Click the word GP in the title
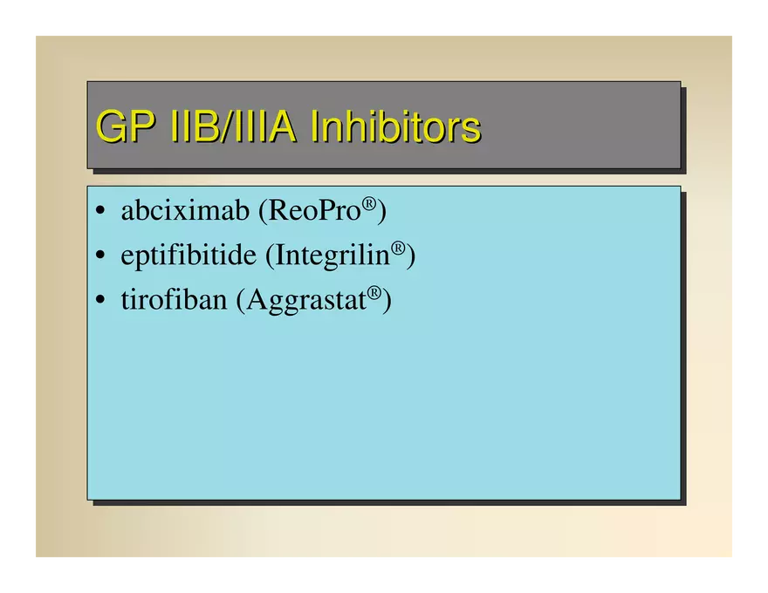pos(126,126)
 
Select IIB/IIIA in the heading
pos(233,126)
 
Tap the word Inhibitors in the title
pos(395,126)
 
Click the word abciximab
pos(185,210)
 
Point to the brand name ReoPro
pos(314,210)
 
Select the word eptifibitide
pos(189,255)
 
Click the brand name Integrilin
pos(333,255)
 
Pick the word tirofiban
pos(174,299)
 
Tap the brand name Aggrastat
pos(306,300)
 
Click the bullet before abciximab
pos(100,211)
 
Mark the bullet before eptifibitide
pos(100,255)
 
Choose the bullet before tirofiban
pos(100,299)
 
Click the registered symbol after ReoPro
pos(369,203)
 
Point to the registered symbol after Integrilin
pos(398,248)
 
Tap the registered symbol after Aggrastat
pos(374,293)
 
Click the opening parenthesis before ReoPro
pos(263,211)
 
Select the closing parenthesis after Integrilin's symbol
pos(411,256)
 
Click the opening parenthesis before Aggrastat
pos(241,300)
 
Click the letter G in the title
pos(110,126)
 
